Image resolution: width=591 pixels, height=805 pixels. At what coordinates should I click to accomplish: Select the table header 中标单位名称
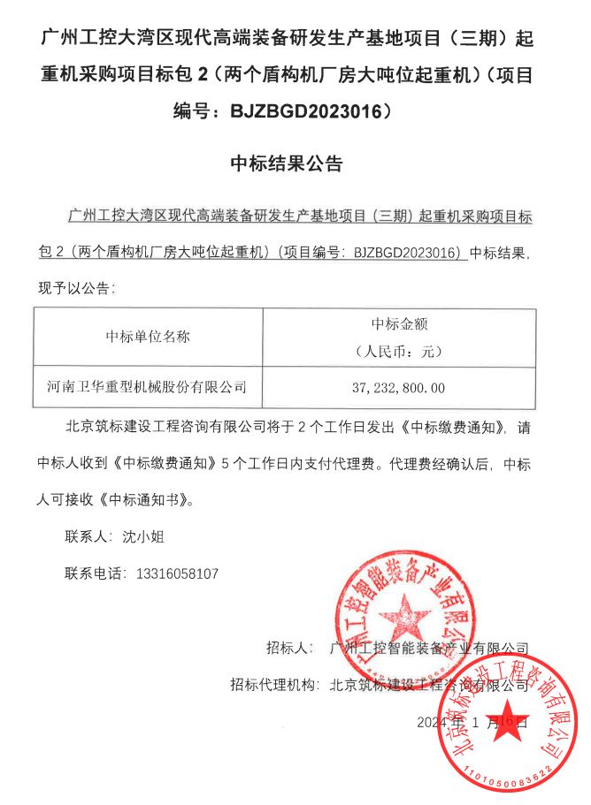click(x=148, y=336)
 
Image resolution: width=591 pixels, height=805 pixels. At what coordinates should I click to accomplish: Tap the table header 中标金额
click(x=399, y=323)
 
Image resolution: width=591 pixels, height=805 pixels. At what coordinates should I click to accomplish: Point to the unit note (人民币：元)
click(x=399, y=350)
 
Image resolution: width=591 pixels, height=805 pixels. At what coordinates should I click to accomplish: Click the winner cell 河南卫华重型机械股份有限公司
click(x=147, y=387)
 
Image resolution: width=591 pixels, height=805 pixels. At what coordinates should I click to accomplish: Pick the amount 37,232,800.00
click(x=399, y=388)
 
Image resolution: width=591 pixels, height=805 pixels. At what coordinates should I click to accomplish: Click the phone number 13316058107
click(x=178, y=573)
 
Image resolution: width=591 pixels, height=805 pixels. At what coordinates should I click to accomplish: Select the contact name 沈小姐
click(x=142, y=535)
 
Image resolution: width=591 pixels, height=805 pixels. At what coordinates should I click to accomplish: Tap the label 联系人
click(x=86, y=535)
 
